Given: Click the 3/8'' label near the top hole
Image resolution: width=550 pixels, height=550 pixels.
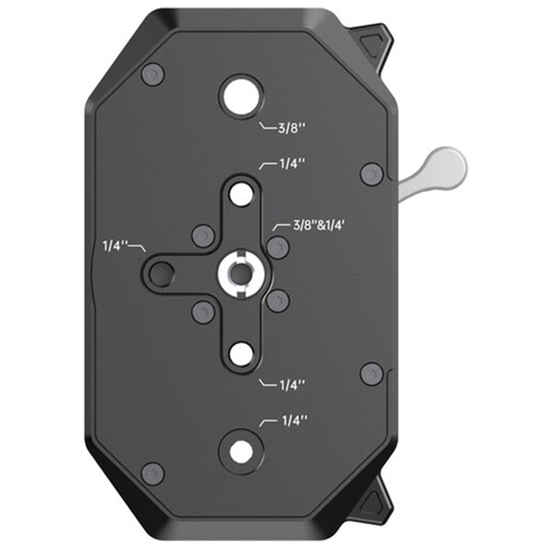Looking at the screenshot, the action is pos(292,128).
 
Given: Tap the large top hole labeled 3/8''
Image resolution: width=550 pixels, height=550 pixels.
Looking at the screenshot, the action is pos(240,94).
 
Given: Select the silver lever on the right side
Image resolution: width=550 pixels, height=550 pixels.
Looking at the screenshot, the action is pos(434,169).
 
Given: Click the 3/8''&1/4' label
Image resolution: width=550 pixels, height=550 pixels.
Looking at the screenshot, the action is pos(316,225).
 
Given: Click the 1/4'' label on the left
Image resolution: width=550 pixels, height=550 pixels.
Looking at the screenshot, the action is pos(115,246).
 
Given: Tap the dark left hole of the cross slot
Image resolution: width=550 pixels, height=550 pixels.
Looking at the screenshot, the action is pos(161,272).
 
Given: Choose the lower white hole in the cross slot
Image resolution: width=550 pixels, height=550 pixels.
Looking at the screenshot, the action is pos(241,354).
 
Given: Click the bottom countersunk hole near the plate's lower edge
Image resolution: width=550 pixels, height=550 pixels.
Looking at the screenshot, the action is pos(241,451).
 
